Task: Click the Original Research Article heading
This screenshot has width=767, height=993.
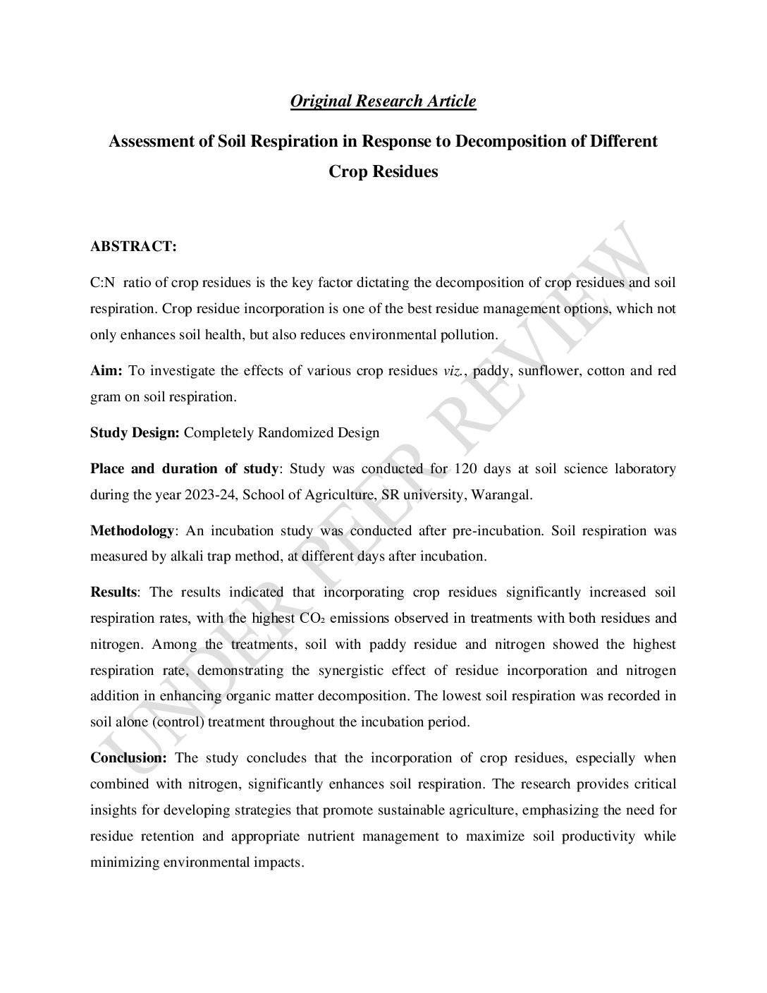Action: [383, 101]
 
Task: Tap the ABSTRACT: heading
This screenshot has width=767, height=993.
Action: [133, 247]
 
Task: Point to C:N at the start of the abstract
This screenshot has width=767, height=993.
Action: [103, 283]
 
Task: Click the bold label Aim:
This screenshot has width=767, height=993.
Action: [106, 371]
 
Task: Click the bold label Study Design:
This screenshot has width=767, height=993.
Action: [135, 432]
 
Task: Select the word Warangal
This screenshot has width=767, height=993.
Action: [501, 494]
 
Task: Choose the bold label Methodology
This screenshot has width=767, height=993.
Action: [132, 530]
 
